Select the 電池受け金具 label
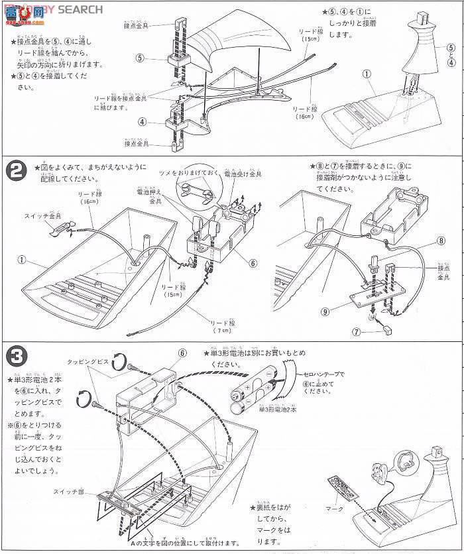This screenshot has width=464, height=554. click(x=243, y=174)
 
